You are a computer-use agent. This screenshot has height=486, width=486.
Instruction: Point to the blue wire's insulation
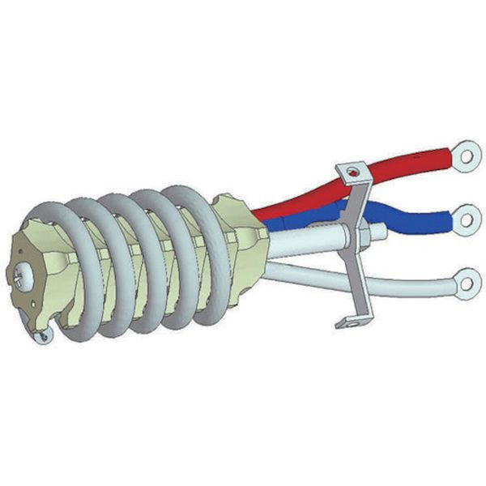[405, 217]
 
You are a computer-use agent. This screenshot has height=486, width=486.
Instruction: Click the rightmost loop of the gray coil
[198, 251]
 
